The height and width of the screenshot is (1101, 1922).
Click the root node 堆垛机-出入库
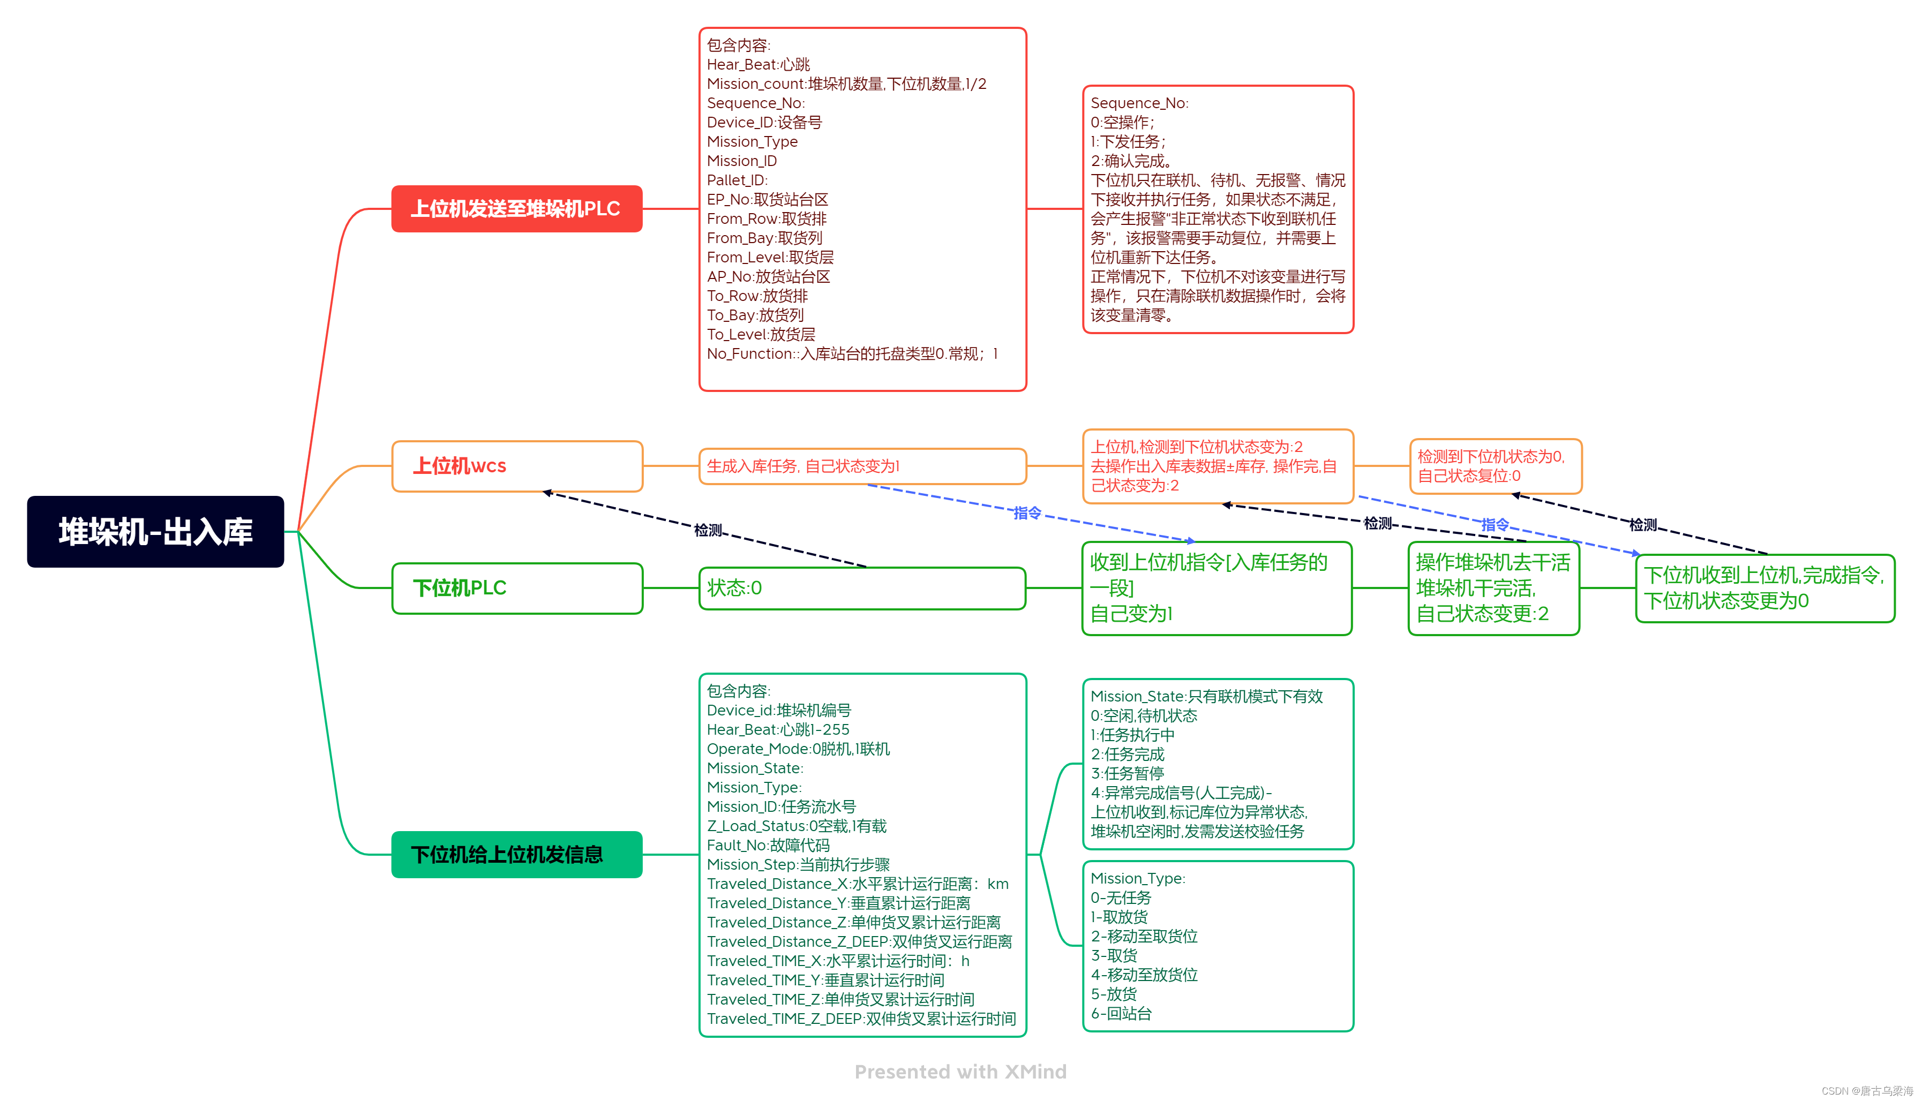click(x=155, y=532)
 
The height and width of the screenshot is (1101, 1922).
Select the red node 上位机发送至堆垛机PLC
click(x=516, y=209)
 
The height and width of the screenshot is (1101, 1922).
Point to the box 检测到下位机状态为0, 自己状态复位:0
click(x=1495, y=466)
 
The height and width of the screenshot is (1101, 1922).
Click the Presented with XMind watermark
click(x=960, y=1072)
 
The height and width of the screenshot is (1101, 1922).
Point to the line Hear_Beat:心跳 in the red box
click(x=758, y=64)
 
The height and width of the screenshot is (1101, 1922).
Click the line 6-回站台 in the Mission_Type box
click(x=1121, y=1013)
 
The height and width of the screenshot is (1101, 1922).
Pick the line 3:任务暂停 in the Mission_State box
click(x=1127, y=773)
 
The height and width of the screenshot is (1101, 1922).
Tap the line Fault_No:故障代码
click(x=768, y=844)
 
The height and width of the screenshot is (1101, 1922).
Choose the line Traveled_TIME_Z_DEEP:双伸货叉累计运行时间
click(x=861, y=1019)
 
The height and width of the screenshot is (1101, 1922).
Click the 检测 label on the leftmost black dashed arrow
click(x=708, y=530)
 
